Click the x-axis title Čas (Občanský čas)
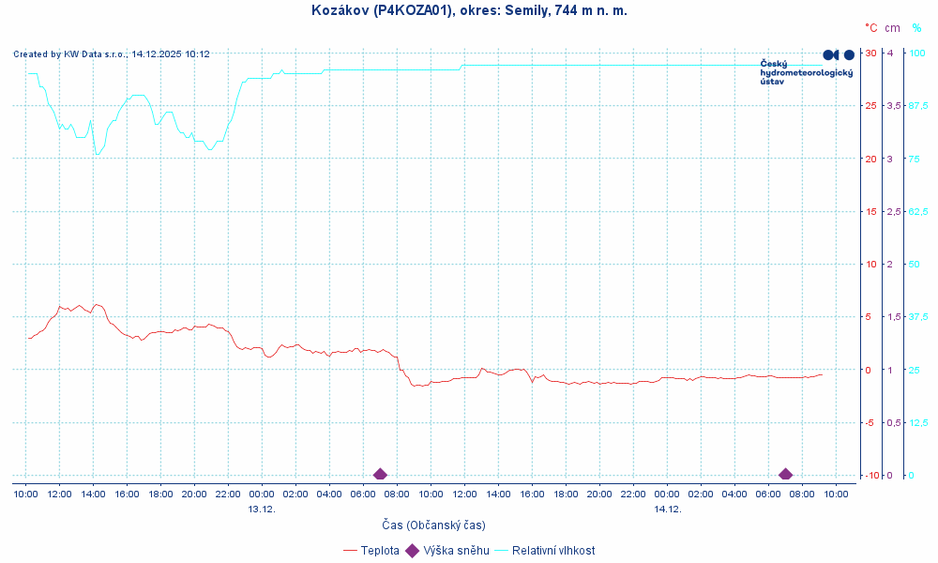click(433, 525)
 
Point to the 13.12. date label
click(262, 509)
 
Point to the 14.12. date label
click(667, 509)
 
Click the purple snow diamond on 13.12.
click(380, 474)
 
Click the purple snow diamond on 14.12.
click(785, 474)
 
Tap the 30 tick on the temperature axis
click(870, 53)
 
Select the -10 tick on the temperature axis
click(870, 475)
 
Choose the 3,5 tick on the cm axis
click(893, 105)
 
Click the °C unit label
click(870, 28)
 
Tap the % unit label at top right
click(916, 28)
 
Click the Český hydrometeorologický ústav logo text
click(805, 72)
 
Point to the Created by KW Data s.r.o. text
click(111, 54)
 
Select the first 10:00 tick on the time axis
click(25, 493)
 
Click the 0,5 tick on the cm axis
click(893, 422)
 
